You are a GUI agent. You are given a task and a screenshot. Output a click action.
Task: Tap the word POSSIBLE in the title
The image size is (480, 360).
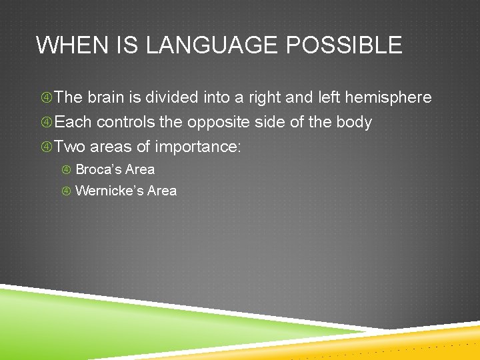pos(343,45)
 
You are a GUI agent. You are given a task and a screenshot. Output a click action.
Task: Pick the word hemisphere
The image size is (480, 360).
pos(390,97)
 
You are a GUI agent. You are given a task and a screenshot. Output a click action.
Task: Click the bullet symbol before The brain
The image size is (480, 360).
pos(46,98)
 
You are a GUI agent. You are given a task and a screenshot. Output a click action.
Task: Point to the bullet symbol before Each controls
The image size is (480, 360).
pos(46,123)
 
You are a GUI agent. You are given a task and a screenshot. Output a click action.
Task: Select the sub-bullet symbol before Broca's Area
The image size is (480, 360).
pos(67,170)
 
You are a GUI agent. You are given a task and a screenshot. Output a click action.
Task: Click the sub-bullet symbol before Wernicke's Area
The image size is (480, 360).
pos(67,191)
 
